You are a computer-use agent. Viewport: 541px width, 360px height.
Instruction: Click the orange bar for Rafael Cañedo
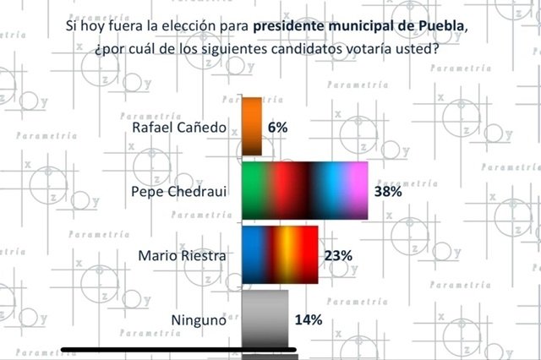(x=252, y=127)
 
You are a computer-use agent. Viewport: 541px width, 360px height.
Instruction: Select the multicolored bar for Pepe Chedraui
(x=305, y=191)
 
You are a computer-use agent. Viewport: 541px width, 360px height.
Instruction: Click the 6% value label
(x=278, y=127)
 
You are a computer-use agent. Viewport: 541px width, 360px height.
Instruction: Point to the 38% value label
(x=389, y=192)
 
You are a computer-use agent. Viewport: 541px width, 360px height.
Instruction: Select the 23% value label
(x=339, y=254)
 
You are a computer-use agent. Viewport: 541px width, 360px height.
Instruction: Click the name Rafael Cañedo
(x=179, y=128)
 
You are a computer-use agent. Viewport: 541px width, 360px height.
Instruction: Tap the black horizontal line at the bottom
(x=178, y=349)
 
